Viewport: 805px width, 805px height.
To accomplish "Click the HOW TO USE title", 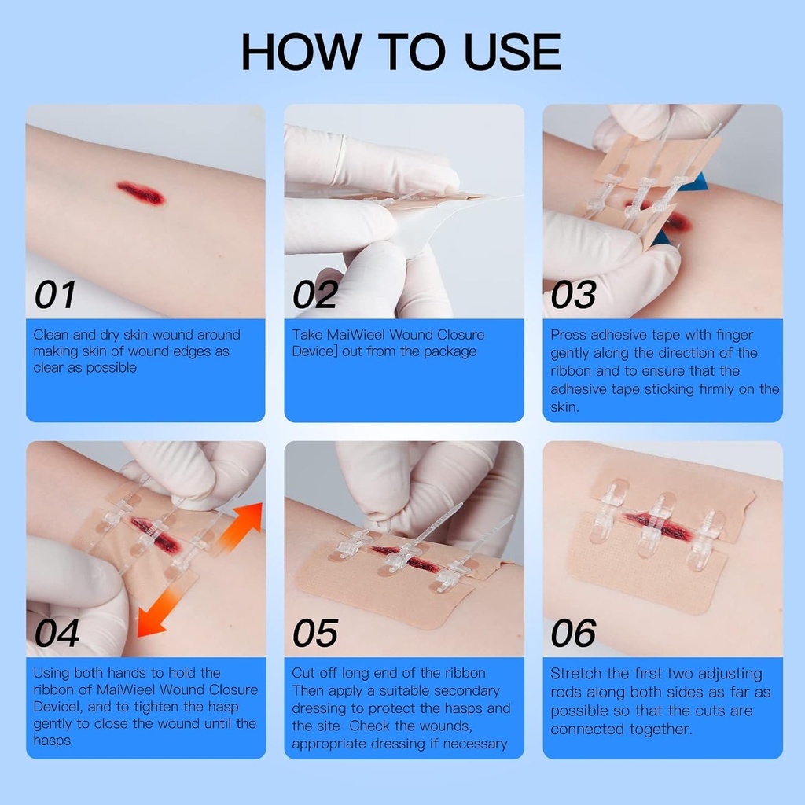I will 401,52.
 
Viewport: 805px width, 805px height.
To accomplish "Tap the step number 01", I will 55,295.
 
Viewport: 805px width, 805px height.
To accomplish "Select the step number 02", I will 314,295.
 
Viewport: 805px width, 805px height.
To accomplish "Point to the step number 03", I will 573,295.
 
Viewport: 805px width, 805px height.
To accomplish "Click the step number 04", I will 57,633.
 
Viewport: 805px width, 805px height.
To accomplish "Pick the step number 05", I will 315,633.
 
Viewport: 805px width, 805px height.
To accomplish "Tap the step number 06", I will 573,633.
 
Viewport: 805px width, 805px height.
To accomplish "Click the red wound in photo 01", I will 141,193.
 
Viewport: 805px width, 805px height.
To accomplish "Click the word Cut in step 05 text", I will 304,673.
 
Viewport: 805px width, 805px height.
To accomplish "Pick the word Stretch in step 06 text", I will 578,674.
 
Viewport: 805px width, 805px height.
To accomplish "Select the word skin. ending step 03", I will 564,406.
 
